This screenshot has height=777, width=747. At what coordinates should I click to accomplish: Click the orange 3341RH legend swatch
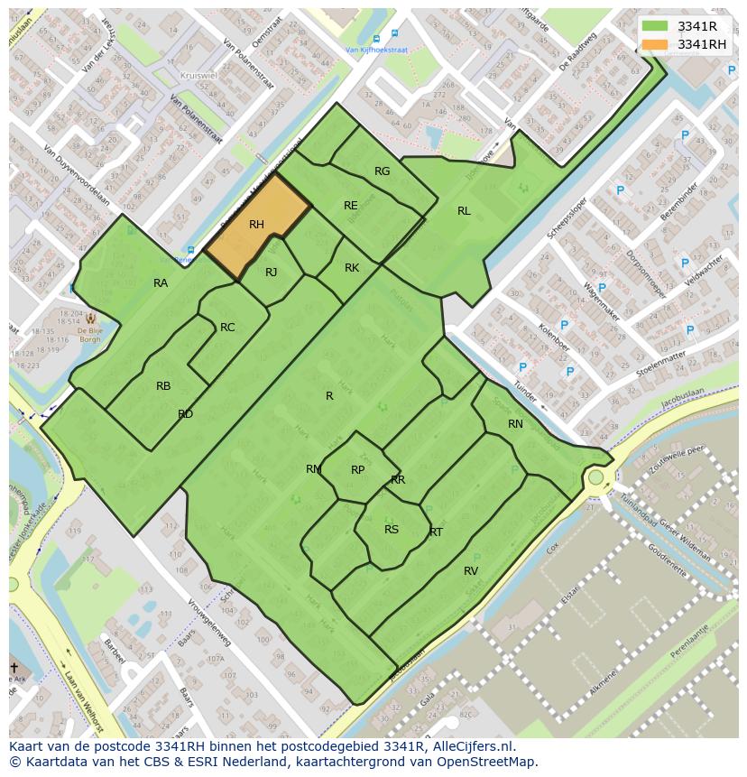click(656, 44)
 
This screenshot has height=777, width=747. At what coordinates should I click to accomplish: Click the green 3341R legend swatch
click(656, 27)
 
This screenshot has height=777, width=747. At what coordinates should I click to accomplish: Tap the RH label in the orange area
click(256, 225)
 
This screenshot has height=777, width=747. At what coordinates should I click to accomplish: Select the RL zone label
click(464, 211)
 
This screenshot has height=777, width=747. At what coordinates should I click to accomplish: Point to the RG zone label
click(383, 171)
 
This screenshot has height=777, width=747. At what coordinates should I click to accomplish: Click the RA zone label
click(161, 283)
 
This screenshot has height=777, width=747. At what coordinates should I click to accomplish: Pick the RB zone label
click(163, 386)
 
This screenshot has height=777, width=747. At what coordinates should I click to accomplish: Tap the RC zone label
click(227, 328)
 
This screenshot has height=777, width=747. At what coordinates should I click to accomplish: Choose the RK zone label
click(352, 268)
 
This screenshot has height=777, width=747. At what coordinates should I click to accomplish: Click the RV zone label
click(471, 571)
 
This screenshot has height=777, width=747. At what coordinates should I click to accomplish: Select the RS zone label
click(392, 530)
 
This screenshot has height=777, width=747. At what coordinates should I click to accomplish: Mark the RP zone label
click(358, 470)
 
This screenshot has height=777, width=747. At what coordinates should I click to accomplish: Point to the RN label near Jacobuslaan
click(515, 424)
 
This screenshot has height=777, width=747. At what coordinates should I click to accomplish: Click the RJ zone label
click(272, 273)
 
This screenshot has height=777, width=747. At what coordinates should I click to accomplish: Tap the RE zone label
click(351, 206)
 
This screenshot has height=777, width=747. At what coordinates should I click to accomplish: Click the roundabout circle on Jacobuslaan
click(595, 476)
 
